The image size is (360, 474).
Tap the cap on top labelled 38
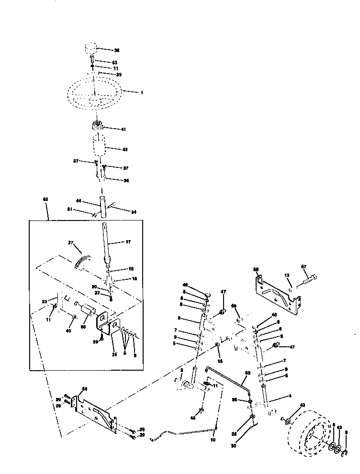click(90, 49)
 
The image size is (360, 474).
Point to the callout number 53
click(114, 63)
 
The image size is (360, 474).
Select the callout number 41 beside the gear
click(124, 129)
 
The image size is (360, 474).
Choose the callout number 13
click(287, 276)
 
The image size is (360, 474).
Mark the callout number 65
click(234, 306)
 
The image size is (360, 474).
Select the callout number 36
click(126, 180)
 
